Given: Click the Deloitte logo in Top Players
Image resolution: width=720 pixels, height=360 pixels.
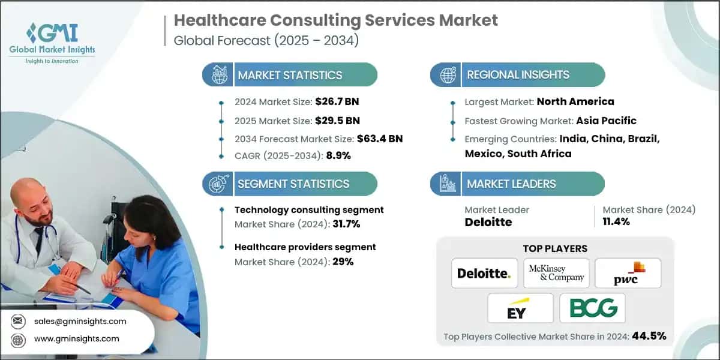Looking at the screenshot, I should click(484, 274).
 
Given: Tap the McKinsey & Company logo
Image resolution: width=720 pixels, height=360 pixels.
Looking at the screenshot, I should click(556, 274).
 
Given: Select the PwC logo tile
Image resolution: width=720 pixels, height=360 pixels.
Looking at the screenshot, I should click(627, 272).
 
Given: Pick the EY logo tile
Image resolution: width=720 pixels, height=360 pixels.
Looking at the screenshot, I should click(520, 308).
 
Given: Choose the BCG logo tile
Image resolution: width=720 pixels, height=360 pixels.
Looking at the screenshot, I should click(592, 308).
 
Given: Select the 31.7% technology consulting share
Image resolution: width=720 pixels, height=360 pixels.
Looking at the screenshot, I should click(343, 224).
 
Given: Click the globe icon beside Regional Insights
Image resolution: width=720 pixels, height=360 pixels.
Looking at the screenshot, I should click(447, 75).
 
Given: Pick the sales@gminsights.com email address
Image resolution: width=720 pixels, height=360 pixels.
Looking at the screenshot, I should click(80, 321).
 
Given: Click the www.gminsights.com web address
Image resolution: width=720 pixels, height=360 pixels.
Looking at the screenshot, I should click(77, 338).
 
